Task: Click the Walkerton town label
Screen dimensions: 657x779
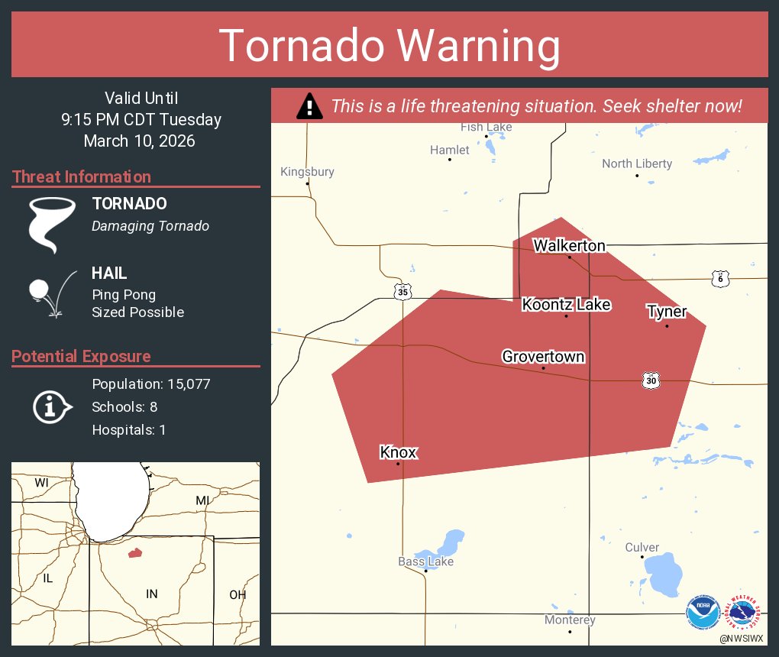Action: tap(569, 245)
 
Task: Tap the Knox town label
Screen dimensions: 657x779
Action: tap(398, 452)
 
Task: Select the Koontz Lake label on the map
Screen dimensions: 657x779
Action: tap(566, 305)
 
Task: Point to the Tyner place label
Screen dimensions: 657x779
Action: tap(667, 312)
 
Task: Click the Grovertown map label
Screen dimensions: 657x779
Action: tap(543, 357)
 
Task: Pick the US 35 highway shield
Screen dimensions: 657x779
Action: tap(403, 291)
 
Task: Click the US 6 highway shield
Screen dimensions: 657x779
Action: tap(719, 279)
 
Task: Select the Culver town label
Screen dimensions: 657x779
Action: tap(642, 547)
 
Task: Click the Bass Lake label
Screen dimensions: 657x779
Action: tap(425, 562)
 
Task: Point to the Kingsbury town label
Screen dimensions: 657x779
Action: tap(307, 172)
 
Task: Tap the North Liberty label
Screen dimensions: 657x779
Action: tap(637, 163)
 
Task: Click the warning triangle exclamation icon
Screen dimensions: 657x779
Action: tap(309, 106)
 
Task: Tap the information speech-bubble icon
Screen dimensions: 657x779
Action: tap(52, 406)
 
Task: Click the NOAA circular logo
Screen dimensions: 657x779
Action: tap(703, 613)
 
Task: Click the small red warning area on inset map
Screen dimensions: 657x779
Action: tap(135, 552)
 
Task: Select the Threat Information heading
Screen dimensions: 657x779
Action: tap(82, 176)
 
